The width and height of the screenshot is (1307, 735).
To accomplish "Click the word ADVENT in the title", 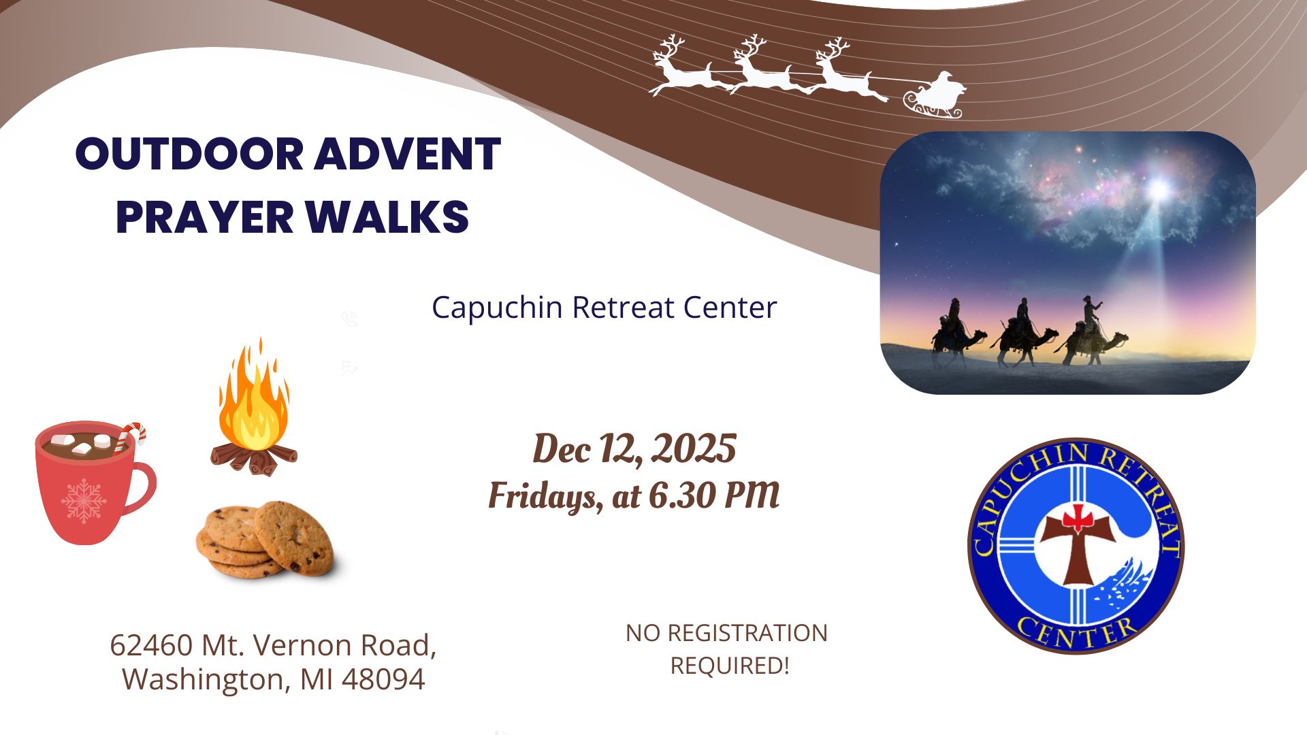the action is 407,154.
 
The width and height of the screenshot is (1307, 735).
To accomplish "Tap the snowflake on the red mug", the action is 84,501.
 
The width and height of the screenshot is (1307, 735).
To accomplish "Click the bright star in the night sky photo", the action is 1158,189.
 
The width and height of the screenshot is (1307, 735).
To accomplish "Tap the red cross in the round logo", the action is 1078,519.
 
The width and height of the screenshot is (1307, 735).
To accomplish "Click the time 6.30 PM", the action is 714,495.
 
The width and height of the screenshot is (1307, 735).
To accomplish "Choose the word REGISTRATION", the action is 747,633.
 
